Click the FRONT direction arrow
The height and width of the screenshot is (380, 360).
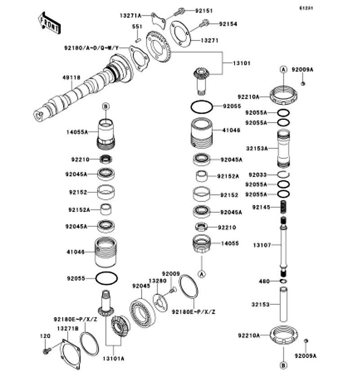click(49, 23)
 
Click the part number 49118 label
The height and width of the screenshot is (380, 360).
click(71, 77)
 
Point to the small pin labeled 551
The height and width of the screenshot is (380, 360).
click(138, 40)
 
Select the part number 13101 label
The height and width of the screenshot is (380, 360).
click(242, 63)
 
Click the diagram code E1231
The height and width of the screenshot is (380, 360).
click(306, 8)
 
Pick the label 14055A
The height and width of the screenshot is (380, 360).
click(77, 132)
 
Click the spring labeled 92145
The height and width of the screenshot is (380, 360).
click(283, 207)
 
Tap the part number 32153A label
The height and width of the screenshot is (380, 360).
click(257, 148)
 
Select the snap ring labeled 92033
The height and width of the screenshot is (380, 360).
click(283, 174)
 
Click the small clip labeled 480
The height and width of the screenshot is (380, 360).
click(283, 281)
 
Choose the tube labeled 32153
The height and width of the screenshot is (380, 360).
click(283, 304)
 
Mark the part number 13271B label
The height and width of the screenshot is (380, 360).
click(68, 329)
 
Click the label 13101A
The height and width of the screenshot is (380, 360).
click(113, 358)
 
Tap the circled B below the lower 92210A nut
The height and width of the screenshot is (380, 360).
click(283, 365)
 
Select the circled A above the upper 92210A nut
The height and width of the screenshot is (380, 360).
click(283, 69)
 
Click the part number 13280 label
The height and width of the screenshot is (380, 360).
click(157, 281)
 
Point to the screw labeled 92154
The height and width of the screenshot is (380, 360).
click(204, 24)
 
